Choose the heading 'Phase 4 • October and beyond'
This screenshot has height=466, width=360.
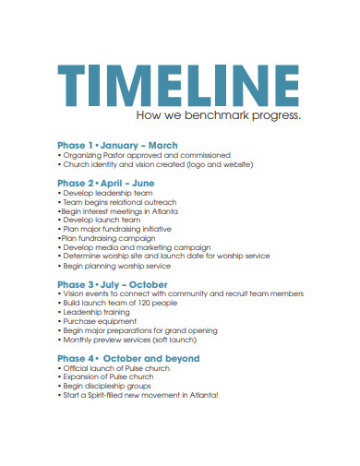[128, 358]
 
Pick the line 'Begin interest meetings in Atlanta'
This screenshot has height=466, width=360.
[120, 211]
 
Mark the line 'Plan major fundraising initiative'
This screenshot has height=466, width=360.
[119, 230]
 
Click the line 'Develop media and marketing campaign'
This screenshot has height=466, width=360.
[135, 248]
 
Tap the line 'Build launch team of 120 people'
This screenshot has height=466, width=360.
[119, 303]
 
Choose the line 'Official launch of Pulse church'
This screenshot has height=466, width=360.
[116, 368]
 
